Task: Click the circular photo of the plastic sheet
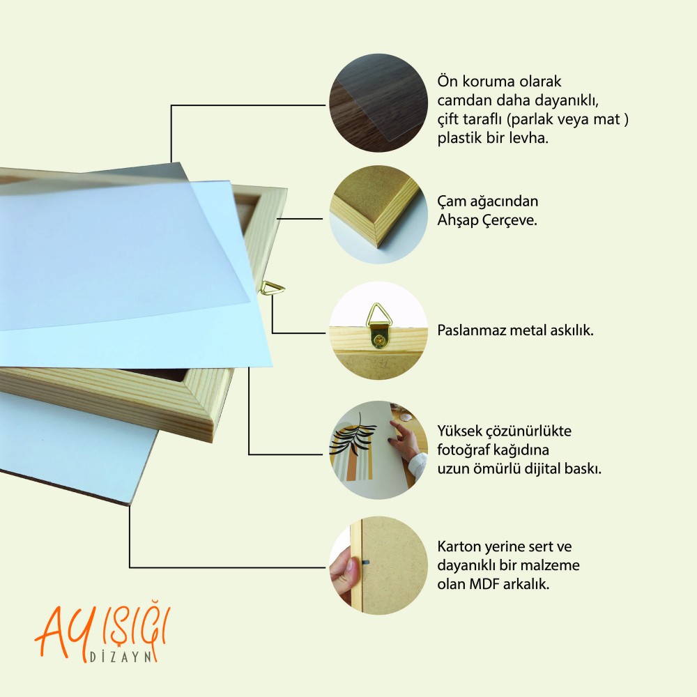(x=378, y=103)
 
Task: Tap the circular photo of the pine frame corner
(x=378, y=215)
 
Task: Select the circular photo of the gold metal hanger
(x=378, y=330)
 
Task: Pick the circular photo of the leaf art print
(x=378, y=450)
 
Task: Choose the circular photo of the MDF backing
(x=378, y=566)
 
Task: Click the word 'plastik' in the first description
(x=459, y=138)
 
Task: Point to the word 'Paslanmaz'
(x=472, y=330)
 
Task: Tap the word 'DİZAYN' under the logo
(x=121, y=657)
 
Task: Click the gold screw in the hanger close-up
(x=378, y=340)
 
